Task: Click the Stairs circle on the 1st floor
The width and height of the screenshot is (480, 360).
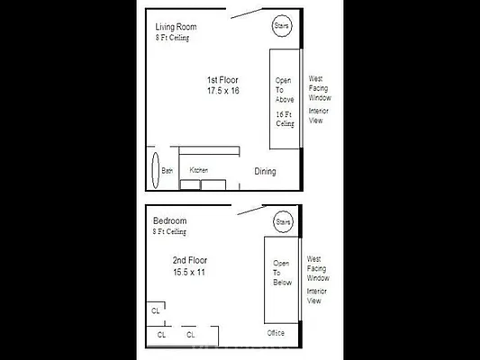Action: pyautogui.click(x=282, y=25)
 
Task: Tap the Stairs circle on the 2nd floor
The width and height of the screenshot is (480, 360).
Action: pyautogui.click(x=284, y=222)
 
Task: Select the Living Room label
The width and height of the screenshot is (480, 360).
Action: pyautogui.click(x=176, y=27)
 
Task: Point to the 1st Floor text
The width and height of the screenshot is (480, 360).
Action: pyautogui.click(x=222, y=80)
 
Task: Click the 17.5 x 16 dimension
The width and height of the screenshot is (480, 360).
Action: pyautogui.click(x=222, y=91)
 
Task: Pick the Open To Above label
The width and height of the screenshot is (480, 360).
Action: pyautogui.click(x=285, y=90)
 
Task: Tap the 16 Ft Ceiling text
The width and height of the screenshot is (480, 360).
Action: pyautogui.click(x=285, y=119)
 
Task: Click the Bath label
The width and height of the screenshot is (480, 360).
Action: pyautogui.click(x=167, y=170)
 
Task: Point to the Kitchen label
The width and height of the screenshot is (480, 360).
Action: pyautogui.click(x=199, y=170)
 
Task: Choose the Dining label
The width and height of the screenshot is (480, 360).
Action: pyautogui.click(x=265, y=171)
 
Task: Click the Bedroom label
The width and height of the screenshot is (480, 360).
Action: pyautogui.click(x=169, y=220)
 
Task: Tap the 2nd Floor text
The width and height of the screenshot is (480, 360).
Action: pyautogui.click(x=190, y=260)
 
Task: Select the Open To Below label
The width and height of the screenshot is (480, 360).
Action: pyautogui.click(x=282, y=273)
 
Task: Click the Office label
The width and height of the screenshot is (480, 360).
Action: pyautogui.click(x=276, y=333)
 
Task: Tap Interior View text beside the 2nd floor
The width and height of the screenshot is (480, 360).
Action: pyautogui.click(x=316, y=296)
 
